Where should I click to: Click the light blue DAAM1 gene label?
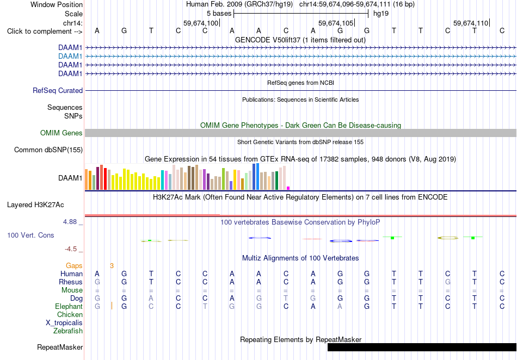coord(70,57)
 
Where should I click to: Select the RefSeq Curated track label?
coord(58,91)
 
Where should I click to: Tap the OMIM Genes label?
coord(61,133)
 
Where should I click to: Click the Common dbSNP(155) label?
coord(48,150)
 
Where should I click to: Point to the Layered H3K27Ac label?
coord(35,205)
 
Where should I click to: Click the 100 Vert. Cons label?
coord(30,235)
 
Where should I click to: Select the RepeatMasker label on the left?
coord(60,347)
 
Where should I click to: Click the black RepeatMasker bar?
coord(422,347)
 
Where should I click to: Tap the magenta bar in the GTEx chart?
coord(288,188)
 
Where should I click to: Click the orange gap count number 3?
coord(112,266)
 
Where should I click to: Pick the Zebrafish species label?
coord(68,331)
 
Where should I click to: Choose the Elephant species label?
coord(69,307)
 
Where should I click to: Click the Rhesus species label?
coord(71,282)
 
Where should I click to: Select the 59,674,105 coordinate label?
coord(336,23)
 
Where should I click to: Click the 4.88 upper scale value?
coord(70,222)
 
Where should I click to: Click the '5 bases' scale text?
coord(219,14)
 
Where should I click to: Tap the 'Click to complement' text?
coord(40,32)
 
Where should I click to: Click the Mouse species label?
coord(72,290)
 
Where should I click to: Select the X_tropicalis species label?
coord(64,323)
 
